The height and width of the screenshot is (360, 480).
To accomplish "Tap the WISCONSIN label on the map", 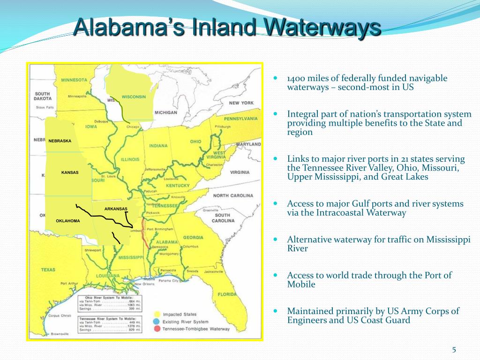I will [x=134, y=97].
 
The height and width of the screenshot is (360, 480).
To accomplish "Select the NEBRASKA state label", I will [x=60, y=141].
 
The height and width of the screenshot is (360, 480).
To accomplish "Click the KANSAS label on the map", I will [x=70, y=172].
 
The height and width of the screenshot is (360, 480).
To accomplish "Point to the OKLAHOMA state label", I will [x=67, y=221].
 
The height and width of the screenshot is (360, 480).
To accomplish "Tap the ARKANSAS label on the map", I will [x=116, y=209].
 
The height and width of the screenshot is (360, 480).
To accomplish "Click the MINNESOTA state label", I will [x=74, y=80].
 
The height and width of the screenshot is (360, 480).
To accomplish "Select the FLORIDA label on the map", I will [x=227, y=294].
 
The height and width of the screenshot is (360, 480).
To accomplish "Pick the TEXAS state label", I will [x=48, y=270].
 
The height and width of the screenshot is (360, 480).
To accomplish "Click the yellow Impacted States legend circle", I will [x=157, y=314].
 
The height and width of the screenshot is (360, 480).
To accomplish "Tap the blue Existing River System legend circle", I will [x=157, y=321].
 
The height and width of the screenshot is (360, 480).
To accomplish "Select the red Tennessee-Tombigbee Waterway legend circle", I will [x=157, y=329].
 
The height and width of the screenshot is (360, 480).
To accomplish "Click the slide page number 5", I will [x=454, y=349].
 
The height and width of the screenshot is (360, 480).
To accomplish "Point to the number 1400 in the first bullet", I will [x=297, y=78].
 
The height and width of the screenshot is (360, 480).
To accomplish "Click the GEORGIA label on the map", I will [x=194, y=237].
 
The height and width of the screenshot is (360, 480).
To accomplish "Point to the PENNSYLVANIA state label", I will [x=240, y=119].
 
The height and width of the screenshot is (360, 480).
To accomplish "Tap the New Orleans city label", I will [x=144, y=284].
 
